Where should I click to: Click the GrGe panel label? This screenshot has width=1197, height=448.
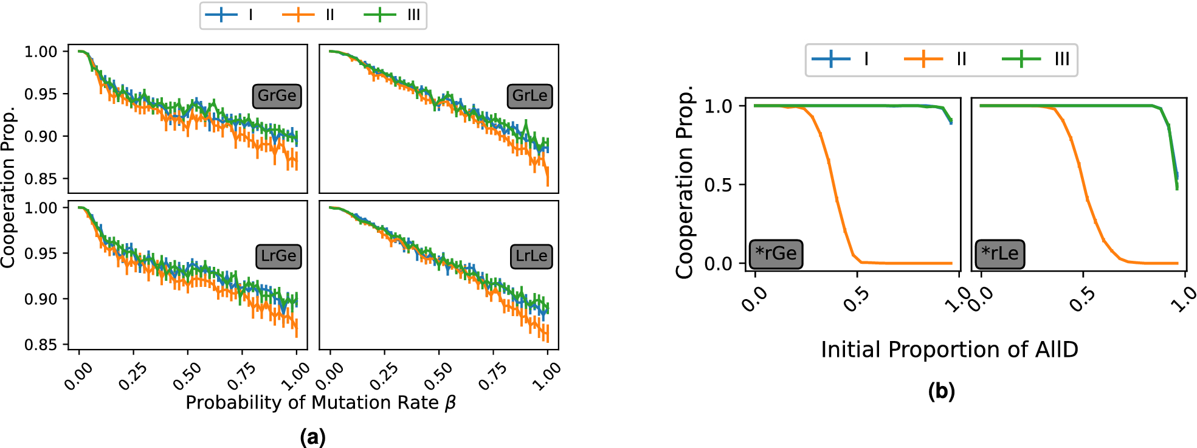[277, 96]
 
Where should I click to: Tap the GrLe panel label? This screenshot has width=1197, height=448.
[530, 96]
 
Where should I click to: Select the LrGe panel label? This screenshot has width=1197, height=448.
[278, 256]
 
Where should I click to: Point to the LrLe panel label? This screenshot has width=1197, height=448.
[531, 256]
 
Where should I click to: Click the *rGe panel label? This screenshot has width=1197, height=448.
[776, 253]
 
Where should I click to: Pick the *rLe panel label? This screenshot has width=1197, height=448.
[999, 253]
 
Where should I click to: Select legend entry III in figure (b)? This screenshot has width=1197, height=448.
[1036, 59]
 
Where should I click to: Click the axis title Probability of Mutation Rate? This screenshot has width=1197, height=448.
[321, 402]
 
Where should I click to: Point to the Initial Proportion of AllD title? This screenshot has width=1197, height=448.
[949, 350]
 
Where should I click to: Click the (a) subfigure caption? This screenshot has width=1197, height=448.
[312, 436]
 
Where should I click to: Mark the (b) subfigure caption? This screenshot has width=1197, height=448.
[941, 391]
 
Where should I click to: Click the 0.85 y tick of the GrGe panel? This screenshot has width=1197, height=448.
[41, 179]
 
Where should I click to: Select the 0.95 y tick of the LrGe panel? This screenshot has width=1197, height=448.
[41, 253]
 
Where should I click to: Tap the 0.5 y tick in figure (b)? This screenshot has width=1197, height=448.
[717, 185]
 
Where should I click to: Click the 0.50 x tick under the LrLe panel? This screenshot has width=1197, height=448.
[438, 376]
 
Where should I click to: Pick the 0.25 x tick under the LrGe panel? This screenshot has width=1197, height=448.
[133, 376]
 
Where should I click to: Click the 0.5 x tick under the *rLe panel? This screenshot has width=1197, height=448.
[1082, 300]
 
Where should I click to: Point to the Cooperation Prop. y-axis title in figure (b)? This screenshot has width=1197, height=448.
[685, 182]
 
